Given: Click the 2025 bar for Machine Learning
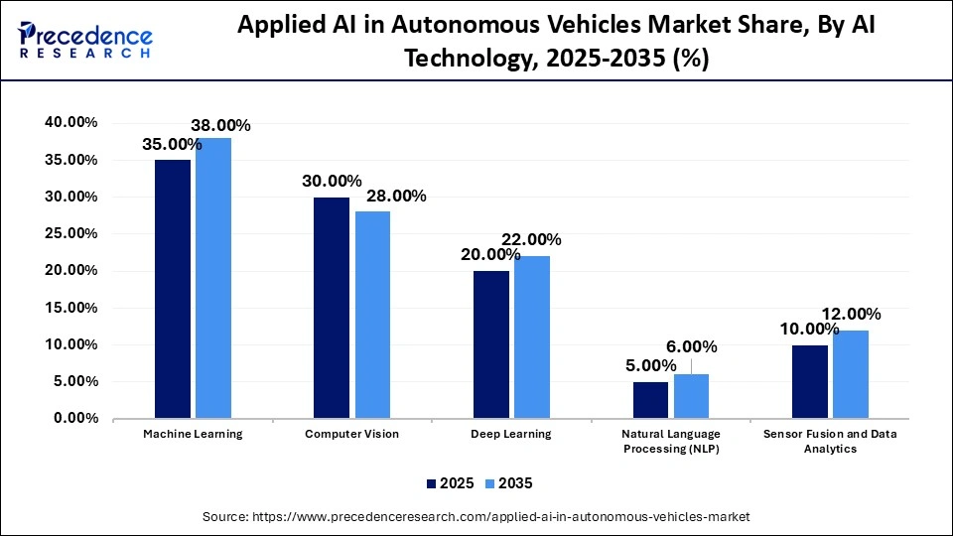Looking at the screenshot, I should pyautogui.click(x=173, y=288).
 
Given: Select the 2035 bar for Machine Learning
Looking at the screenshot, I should pyautogui.click(x=213, y=277).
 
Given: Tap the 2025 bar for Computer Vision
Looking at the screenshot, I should pyautogui.click(x=332, y=307).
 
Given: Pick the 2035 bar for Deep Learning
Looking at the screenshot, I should pyautogui.click(x=532, y=336).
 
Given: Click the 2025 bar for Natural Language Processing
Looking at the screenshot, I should pyautogui.click(x=650, y=399).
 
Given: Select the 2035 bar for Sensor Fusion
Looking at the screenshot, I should pyautogui.click(x=850, y=373).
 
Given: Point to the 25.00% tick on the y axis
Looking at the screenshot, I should pyautogui.click(x=70, y=233).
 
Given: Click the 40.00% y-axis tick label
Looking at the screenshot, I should pyautogui.click(x=70, y=122).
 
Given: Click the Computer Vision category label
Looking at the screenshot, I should pyautogui.click(x=351, y=435).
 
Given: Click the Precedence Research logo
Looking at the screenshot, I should pyautogui.click(x=85, y=40).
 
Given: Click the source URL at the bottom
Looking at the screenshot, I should pyautogui.click(x=476, y=517).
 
